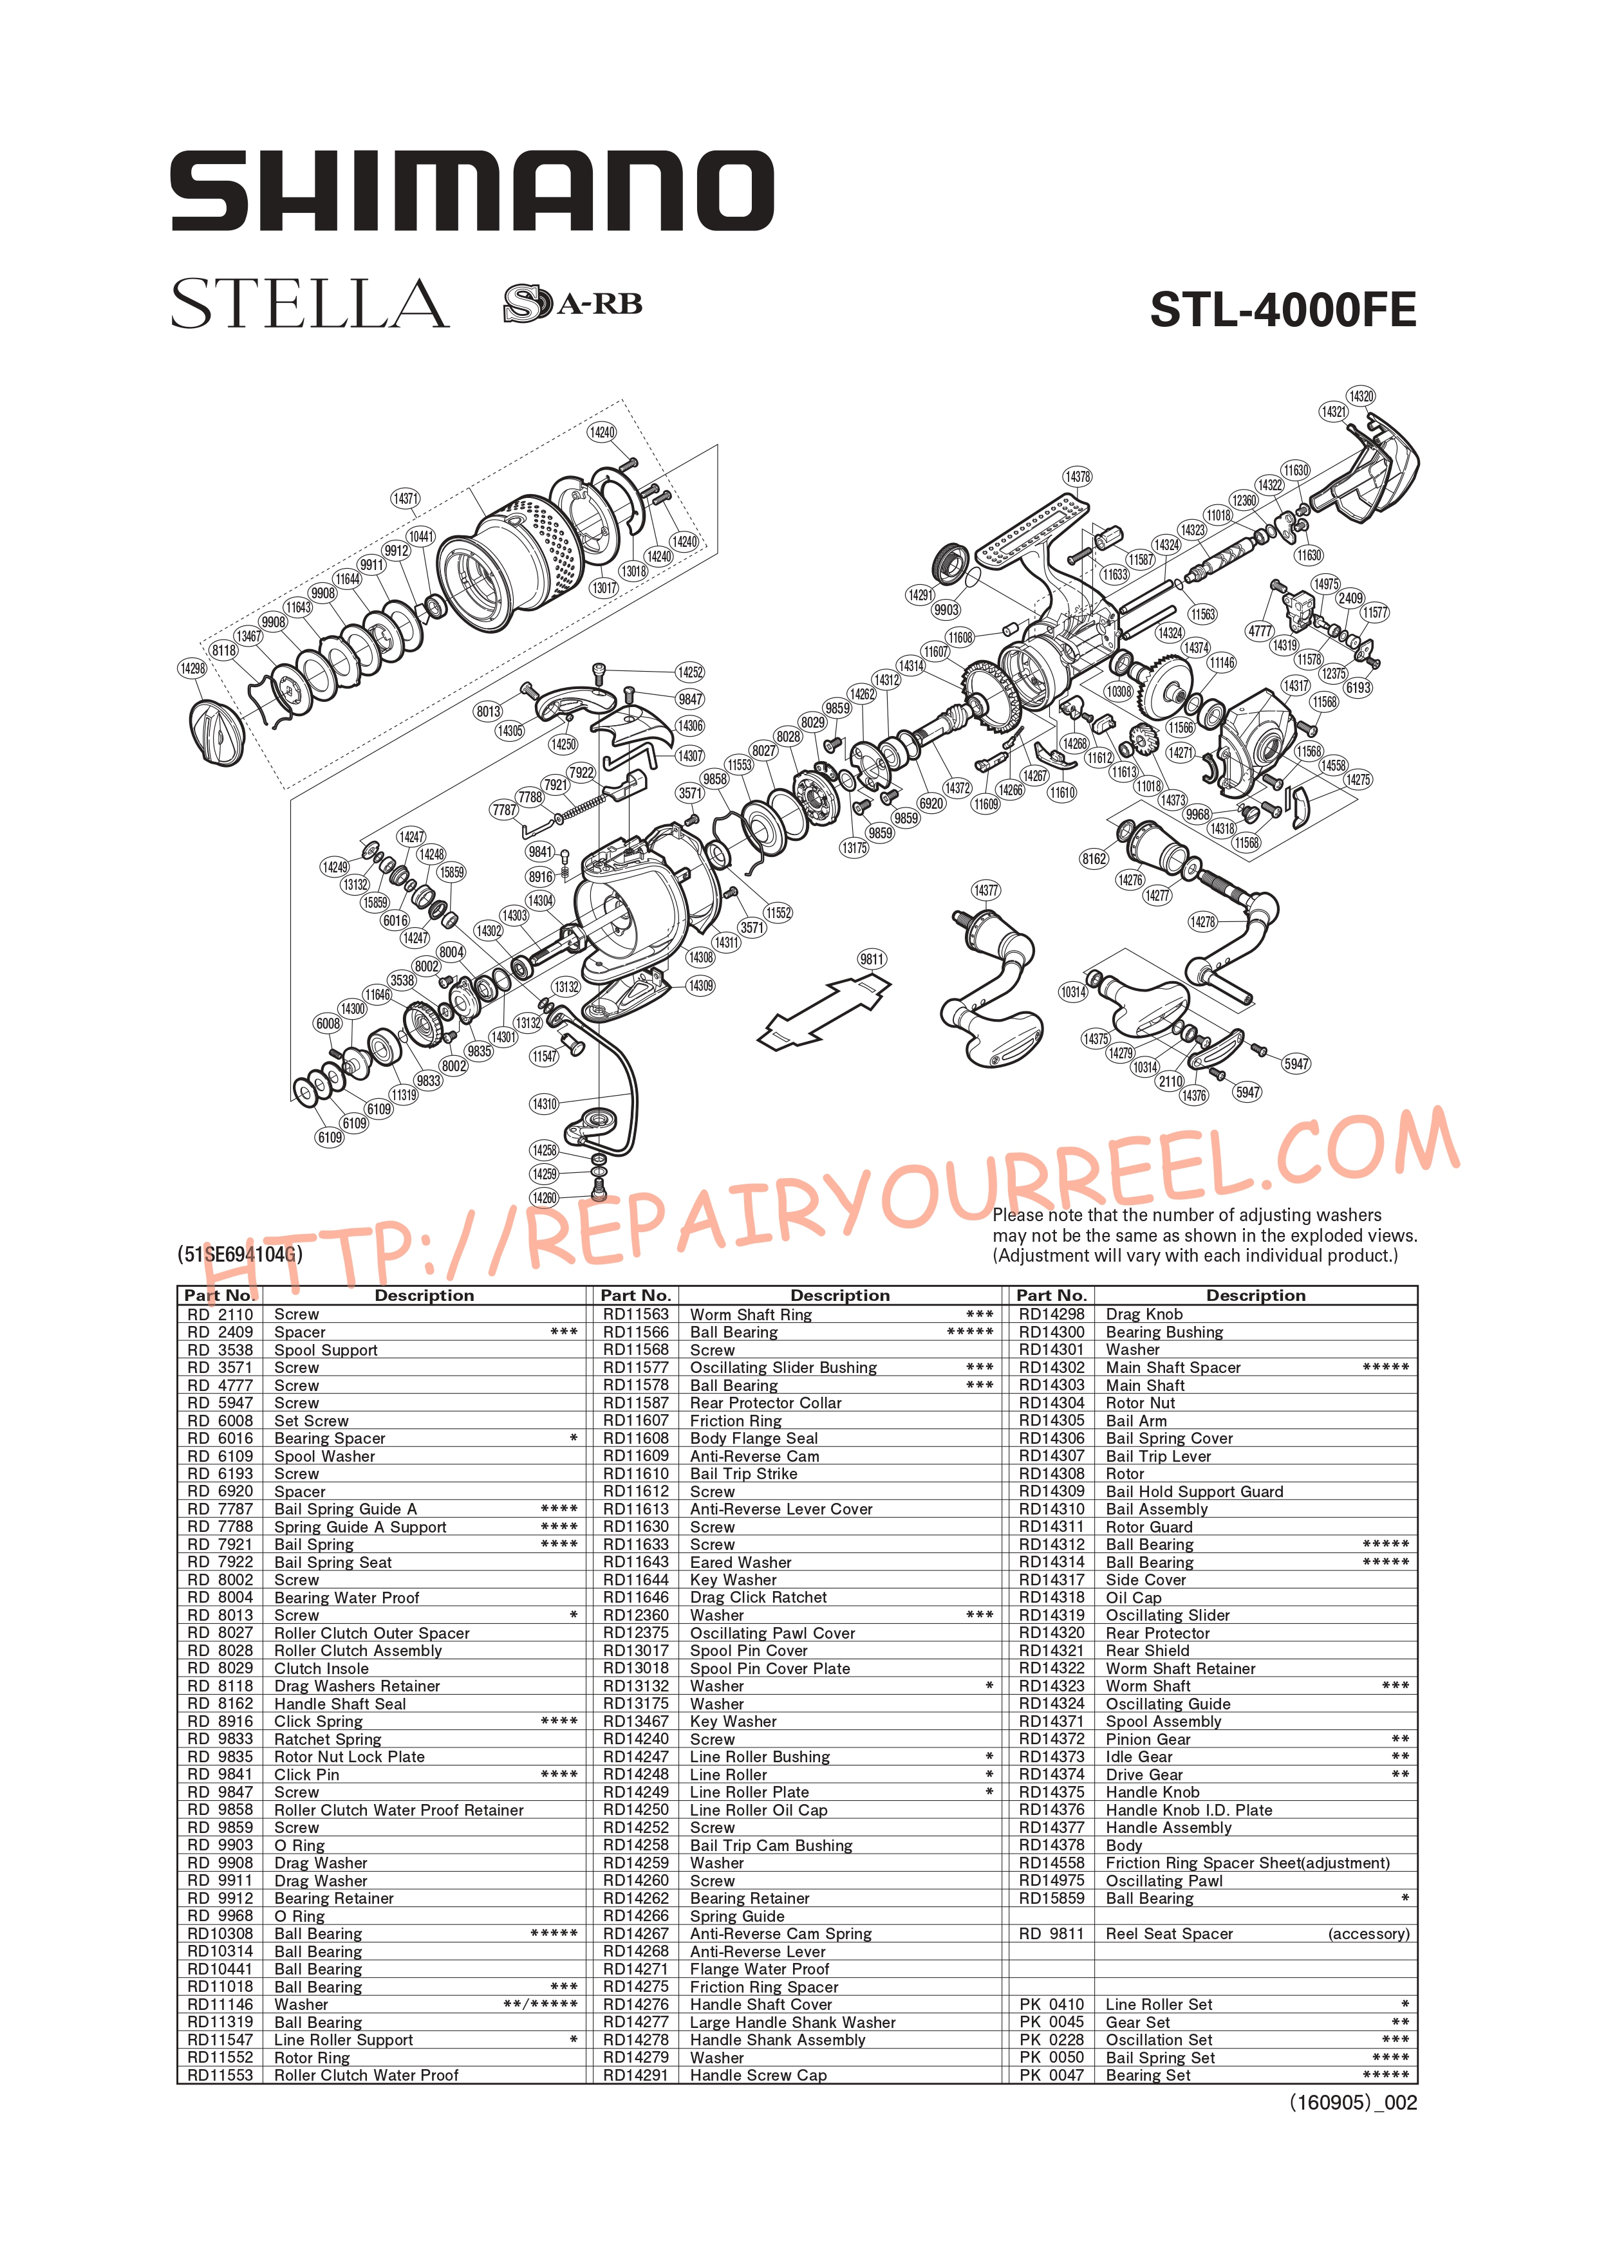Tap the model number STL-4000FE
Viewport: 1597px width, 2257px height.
(1284, 311)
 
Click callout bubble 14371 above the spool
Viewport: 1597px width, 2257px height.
(405, 499)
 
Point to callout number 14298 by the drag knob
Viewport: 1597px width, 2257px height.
(192, 668)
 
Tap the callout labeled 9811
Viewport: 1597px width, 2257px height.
(872, 959)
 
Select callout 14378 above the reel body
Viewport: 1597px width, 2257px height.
(1078, 477)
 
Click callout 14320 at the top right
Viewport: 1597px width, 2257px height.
(1361, 396)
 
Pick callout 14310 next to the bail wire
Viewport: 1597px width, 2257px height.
(545, 1104)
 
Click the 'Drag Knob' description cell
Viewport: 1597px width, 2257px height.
(1144, 1314)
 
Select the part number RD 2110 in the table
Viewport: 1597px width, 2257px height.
(220, 1314)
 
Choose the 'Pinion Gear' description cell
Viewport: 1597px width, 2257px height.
(1148, 1739)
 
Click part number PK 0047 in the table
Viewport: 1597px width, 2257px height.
(1051, 2075)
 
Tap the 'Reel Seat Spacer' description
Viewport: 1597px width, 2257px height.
(1169, 1933)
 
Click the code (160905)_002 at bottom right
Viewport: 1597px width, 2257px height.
(1353, 2103)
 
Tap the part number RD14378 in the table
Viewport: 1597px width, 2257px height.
(1051, 1845)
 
